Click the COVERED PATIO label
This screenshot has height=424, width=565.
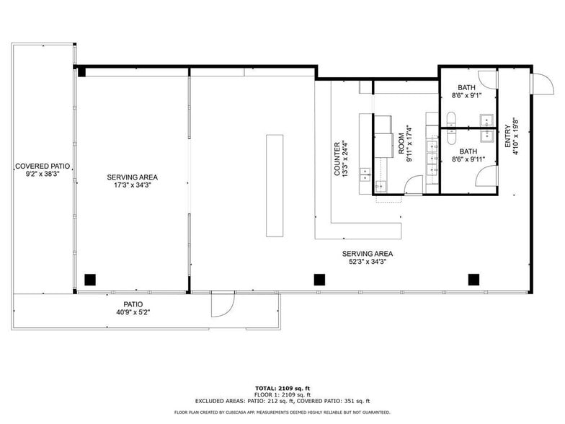click(41, 166)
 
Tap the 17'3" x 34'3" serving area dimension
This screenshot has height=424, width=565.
click(133, 185)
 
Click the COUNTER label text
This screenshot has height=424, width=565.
click(337, 159)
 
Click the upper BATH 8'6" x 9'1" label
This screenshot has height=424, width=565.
click(468, 90)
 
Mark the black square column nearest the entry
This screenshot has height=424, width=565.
click(473, 279)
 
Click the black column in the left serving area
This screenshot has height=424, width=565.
click(90, 279)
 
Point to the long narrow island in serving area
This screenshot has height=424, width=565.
click(275, 185)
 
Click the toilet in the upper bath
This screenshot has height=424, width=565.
click(451, 119)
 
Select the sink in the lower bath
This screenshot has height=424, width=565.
click(488, 134)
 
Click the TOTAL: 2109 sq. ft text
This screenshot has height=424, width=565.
click(282, 387)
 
